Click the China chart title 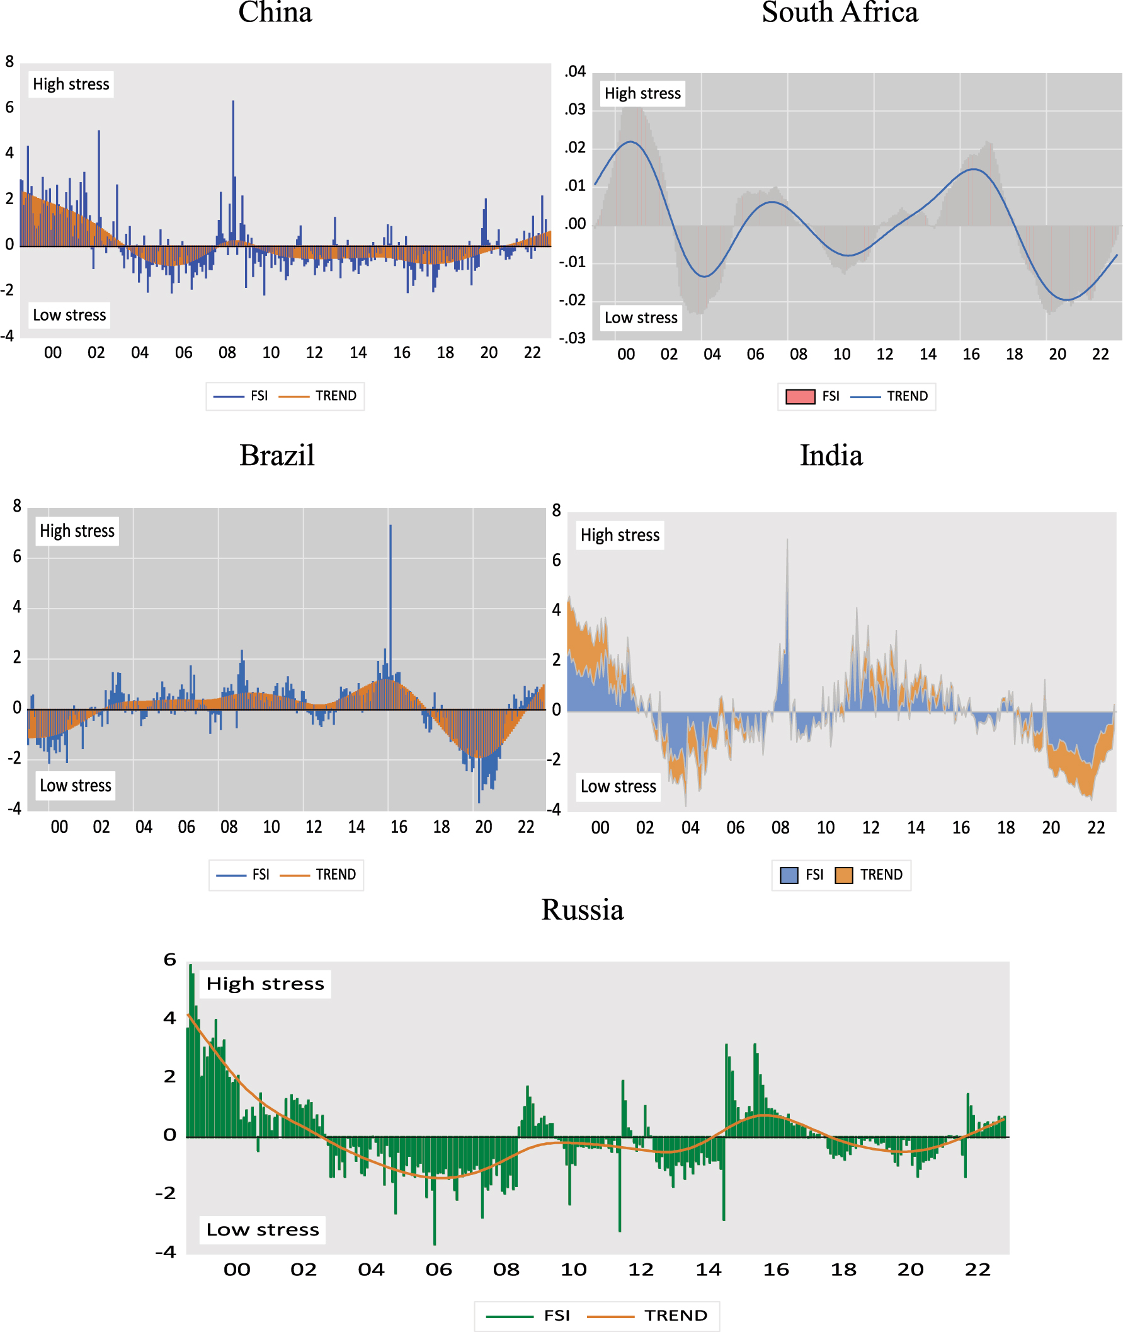tap(275, 13)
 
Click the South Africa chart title tap(840, 13)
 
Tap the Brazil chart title tap(277, 456)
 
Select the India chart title tap(831, 456)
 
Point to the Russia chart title tap(582, 910)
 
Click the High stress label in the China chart tap(71, 84)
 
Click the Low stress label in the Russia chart tap(262, 1229)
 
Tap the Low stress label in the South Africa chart tap(641, 318)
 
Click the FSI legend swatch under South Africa tap(801, 397)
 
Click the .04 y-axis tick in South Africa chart tap(575, 71)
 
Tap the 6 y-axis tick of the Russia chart tap(169, 960)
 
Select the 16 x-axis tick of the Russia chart tap(775, 1270)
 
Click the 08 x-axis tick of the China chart tap(227, 353)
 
